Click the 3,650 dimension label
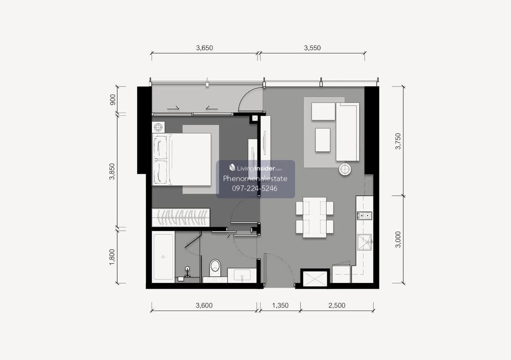click(x=204, y=48)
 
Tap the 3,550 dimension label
click(x=312, y=48)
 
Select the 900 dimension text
click(x=113, y=100)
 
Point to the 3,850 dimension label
click(x=112, y=171)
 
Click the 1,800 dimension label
click(x=112, y=257)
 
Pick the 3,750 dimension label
click(x=398, y=141)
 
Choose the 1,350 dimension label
click(x=280, y=305)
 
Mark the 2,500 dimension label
click(x=337, y=305)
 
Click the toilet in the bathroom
click(x=215, y=267)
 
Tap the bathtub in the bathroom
click(x=163, y=257)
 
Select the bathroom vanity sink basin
click(x=242, y=275)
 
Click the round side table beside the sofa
click(x=344, y=169)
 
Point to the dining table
click(x=315, y=217)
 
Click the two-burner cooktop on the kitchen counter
click(x=365, y=216)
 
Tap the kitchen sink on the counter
click(x=365, y=242)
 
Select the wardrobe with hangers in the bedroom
click(x=181, y=217)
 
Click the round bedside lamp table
click(x=158, y=127)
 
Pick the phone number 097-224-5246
click(x=255, y=189)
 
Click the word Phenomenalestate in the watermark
click(x=255, y=179)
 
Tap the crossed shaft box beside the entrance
click(x=315, y=279)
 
